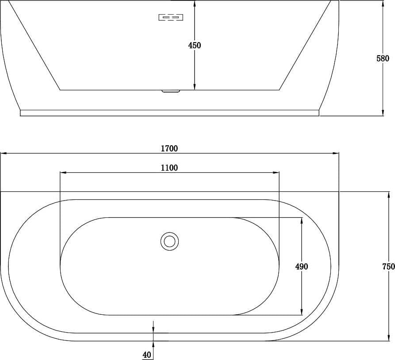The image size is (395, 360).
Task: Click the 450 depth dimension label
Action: point(195,45)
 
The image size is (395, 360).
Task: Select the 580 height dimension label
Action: point(383,58)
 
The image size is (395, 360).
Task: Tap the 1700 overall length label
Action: point(169,148)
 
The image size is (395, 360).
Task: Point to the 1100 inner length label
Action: point(169,168)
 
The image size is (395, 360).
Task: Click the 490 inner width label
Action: point(302,267)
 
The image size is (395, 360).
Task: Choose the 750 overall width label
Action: point(388,267)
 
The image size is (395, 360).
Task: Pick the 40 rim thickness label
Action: point(147,355)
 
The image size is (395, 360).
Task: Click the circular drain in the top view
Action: point(169,241)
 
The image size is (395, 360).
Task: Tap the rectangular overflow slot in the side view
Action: point(171,17)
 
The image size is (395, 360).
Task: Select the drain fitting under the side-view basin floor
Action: point(171,91)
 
